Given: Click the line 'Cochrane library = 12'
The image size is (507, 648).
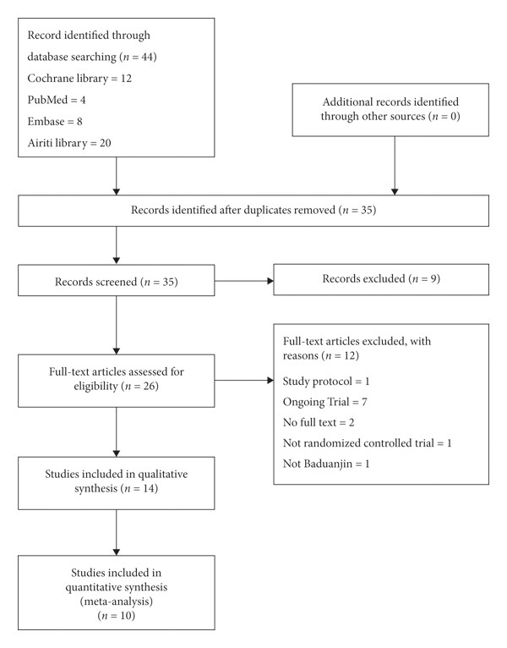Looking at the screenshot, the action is point(79,78).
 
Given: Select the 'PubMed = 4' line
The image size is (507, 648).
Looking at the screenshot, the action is point(57,100).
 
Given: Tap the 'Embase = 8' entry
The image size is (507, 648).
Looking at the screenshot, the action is point(55,121).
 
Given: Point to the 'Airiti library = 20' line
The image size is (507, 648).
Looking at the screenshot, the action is point(69,143).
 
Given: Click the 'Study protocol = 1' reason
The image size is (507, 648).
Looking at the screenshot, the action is point(326,381).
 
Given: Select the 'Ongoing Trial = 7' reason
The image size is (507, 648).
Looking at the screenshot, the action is point(325,402).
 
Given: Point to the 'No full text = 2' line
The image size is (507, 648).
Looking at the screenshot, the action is point(319,422).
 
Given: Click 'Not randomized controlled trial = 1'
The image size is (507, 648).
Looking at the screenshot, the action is point(368,443).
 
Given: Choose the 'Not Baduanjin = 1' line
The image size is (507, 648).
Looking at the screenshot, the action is point(326,464).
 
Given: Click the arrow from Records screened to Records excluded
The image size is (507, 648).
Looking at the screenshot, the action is point(244,281).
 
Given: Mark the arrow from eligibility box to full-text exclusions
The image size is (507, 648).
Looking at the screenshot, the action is point(244,380).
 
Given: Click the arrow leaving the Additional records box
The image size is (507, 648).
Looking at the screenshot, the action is point(395,166).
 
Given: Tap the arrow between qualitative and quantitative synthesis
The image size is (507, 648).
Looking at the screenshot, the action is point(117,533).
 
